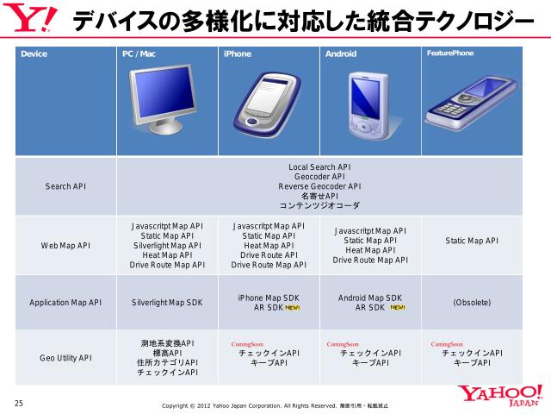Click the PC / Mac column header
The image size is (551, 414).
click(139, 53)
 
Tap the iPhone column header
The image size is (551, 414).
click(238, 53)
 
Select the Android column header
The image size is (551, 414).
click(341, 53)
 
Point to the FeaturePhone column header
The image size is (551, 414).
click(450, 53)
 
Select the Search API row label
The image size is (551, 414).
click(65, 186)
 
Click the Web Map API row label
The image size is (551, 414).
click(65, 245)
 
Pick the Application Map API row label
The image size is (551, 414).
click(65, 303)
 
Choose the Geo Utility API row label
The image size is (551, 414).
click(65, 357)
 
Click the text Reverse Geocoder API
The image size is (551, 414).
click(319, 186)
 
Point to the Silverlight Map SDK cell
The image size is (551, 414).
click(167, 303)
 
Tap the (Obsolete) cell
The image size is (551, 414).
click(472, 303)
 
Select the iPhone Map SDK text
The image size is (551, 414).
click(269, 298)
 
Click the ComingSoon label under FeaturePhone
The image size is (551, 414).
click(447, 343)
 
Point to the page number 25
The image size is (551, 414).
click(19, 403)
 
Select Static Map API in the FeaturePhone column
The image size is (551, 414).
click(472, 241)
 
